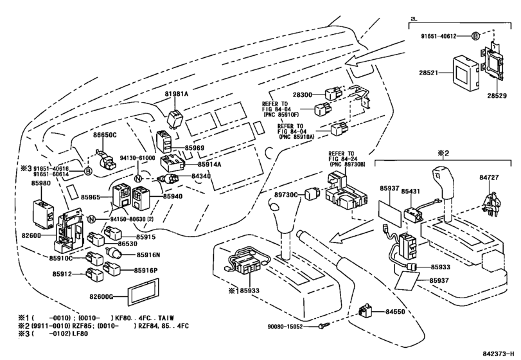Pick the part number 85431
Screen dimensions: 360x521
412,190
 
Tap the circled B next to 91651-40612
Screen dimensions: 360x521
475,37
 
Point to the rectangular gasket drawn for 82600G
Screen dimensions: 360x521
143,290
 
